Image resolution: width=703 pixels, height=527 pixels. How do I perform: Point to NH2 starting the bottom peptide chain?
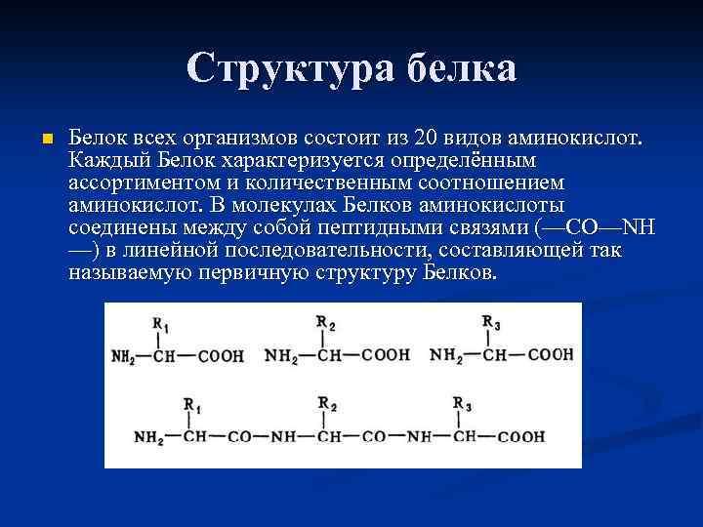point(148,438)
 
